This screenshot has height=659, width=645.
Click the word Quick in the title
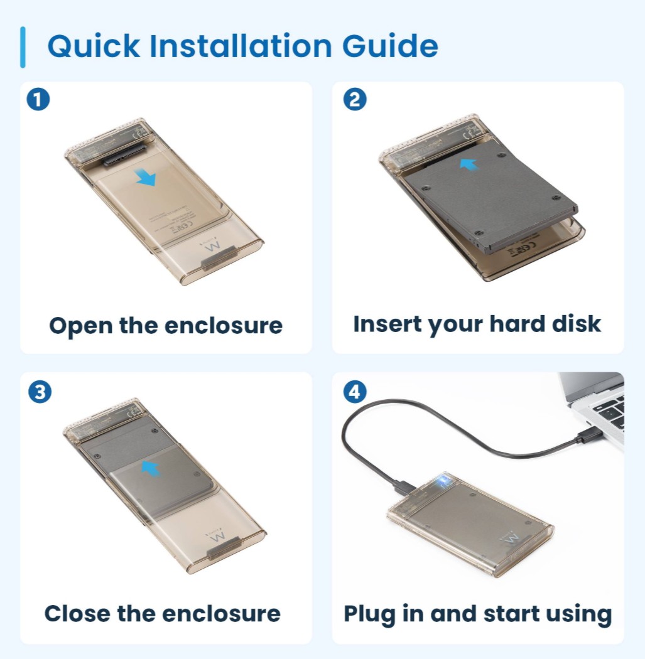(94, 46)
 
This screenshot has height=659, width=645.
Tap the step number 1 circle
(38, 100)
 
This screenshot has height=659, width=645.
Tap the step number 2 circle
(355, 100)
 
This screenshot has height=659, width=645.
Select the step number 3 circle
(40, 392)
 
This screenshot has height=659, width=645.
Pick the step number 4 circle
(355, 392)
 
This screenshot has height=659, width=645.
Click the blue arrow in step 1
(146, 177)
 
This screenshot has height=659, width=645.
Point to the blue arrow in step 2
(469, 164)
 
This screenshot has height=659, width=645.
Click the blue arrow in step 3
(150, 468)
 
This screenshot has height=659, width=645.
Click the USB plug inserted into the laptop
(588, 436)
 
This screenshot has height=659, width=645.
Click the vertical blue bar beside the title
(23, 47)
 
